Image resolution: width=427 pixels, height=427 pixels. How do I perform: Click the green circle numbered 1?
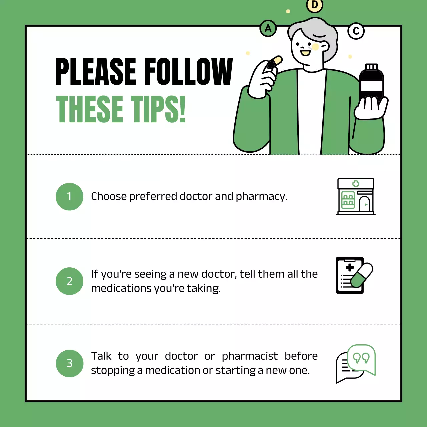click(69, 197)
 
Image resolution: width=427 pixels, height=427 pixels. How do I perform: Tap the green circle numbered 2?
click(69, 281)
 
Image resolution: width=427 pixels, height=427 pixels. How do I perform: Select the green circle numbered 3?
click(69, 363)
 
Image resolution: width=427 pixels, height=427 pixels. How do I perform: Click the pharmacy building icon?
click(356, 196)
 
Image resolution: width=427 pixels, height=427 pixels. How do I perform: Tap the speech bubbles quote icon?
click(356, 364)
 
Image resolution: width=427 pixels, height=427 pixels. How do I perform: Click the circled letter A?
click(268, 29)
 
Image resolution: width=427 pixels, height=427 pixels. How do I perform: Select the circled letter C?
click(356, 31)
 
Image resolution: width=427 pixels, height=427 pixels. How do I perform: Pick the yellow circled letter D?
click(314, 5)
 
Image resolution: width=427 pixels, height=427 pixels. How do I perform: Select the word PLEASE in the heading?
click(96, 72)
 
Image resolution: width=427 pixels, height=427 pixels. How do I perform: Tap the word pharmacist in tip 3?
click(250, 356)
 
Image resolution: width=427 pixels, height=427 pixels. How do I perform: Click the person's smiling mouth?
click(305, 53)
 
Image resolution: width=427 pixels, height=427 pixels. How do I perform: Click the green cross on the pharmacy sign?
click(356, 184)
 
